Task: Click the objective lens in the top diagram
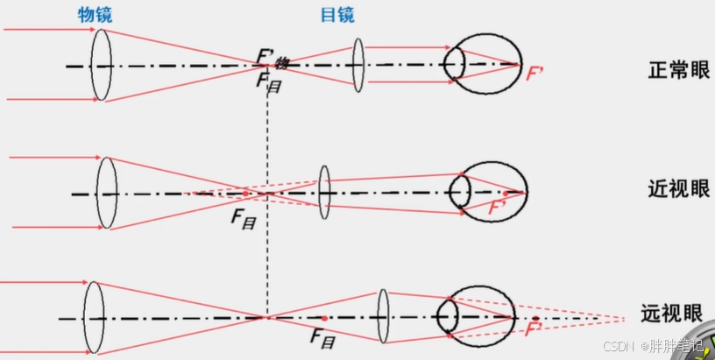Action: point(102,64)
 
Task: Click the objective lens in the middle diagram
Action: point(107,192)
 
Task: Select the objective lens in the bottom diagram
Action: point(94,316)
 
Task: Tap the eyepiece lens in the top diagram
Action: point(357,64)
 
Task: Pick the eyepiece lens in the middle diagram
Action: point(325,192)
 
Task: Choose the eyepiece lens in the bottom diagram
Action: point(383,316)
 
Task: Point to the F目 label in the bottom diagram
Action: point(323,337)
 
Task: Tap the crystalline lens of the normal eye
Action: point(454,63)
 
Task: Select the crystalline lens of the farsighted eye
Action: point(448,315)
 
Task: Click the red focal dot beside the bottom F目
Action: point(324,317)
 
